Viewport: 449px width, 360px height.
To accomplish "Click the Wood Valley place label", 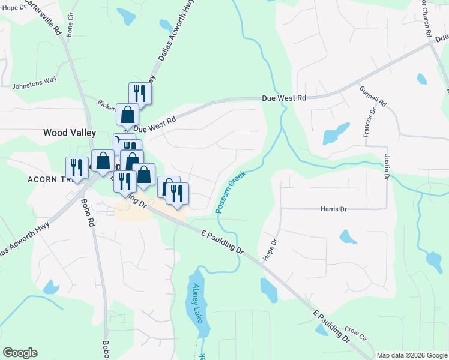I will (x=67, y=133).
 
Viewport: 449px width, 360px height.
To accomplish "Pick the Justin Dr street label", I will (x=386, y=167).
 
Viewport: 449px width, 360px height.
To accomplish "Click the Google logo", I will (x=20, y=353).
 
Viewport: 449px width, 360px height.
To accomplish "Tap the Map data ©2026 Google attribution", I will (x=412, y=355).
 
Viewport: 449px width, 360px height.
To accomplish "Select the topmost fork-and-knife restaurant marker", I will (x=140, y=92).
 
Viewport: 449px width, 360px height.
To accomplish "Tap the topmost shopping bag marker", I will (x=127, y=113).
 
